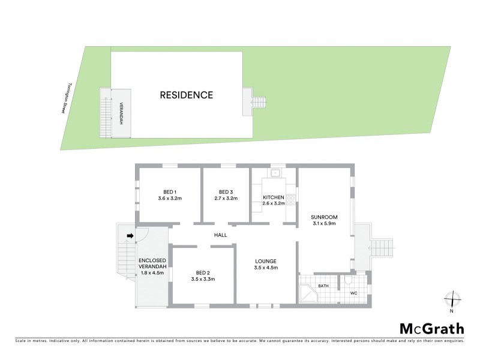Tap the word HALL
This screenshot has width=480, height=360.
(x=220, y=235)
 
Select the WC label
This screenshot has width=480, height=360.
(x=353, y=293)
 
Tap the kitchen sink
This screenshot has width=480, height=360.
(x=276, y=174)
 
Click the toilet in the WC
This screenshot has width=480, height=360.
(x=347, y=281)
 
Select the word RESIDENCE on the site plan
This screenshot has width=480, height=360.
(x=186, y=95)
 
